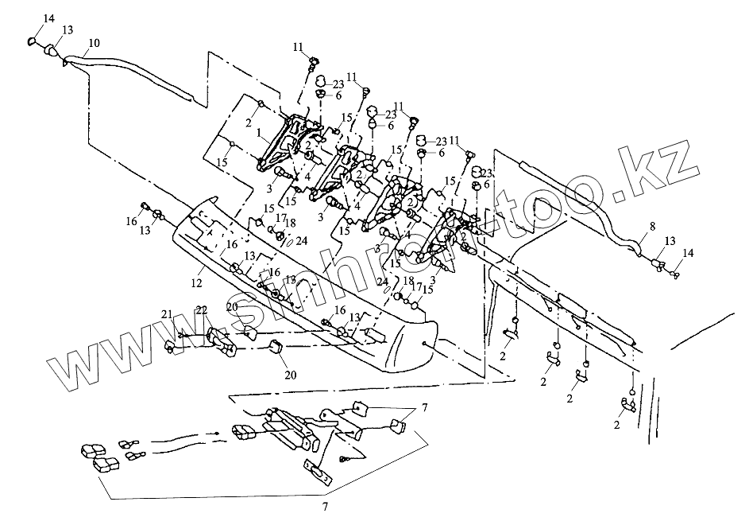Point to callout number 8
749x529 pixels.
tap(651, 227)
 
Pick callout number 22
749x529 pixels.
tap(202, 309)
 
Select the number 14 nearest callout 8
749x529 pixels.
tap(688, 253)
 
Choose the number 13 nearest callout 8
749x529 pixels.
tap(670, 239)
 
